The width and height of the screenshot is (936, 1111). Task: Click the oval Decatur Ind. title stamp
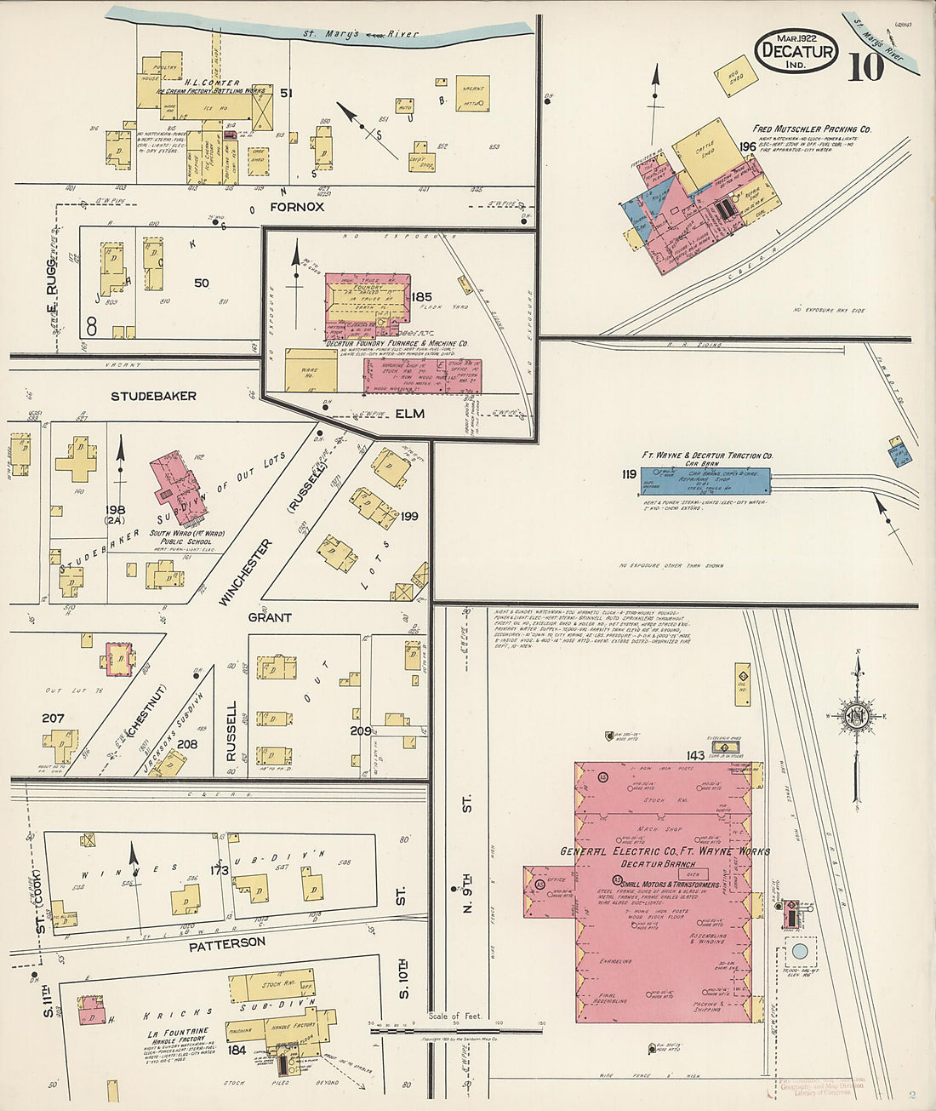tap(796, 51)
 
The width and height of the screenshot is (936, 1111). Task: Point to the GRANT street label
tap(270, 617)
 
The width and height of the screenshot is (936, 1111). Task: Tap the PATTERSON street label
tap(227, 943)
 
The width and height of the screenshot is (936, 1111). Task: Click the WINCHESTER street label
tap(244, 572)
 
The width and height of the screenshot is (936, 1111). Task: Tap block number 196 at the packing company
tap(748, 146)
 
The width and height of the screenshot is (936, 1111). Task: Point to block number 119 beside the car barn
tap(629, 475)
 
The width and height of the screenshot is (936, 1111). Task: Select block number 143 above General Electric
tap(695, 755)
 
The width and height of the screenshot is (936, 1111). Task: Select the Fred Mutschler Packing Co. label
tap(812, 129)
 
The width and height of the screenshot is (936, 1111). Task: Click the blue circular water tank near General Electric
tap(799, 951)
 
